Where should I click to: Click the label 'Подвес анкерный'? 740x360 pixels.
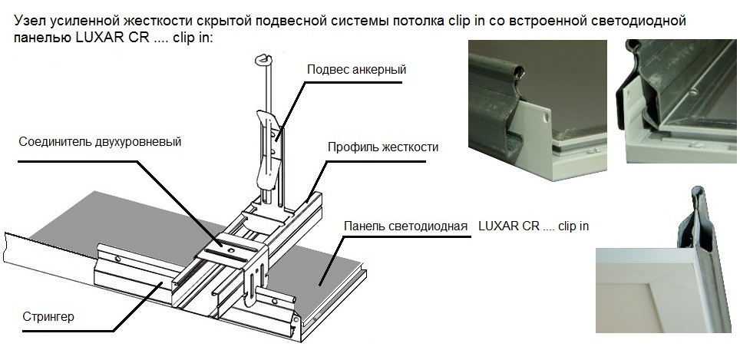(x=355, y=69)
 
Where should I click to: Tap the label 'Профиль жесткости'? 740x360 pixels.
(x=382, y=147)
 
